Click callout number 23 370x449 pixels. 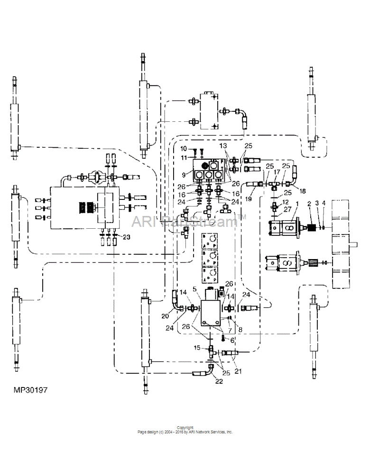126,236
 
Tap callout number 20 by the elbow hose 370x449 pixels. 165,316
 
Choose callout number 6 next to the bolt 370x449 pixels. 232,340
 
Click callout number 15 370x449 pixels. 197,348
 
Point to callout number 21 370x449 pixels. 238,371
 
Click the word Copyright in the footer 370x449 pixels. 185,428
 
